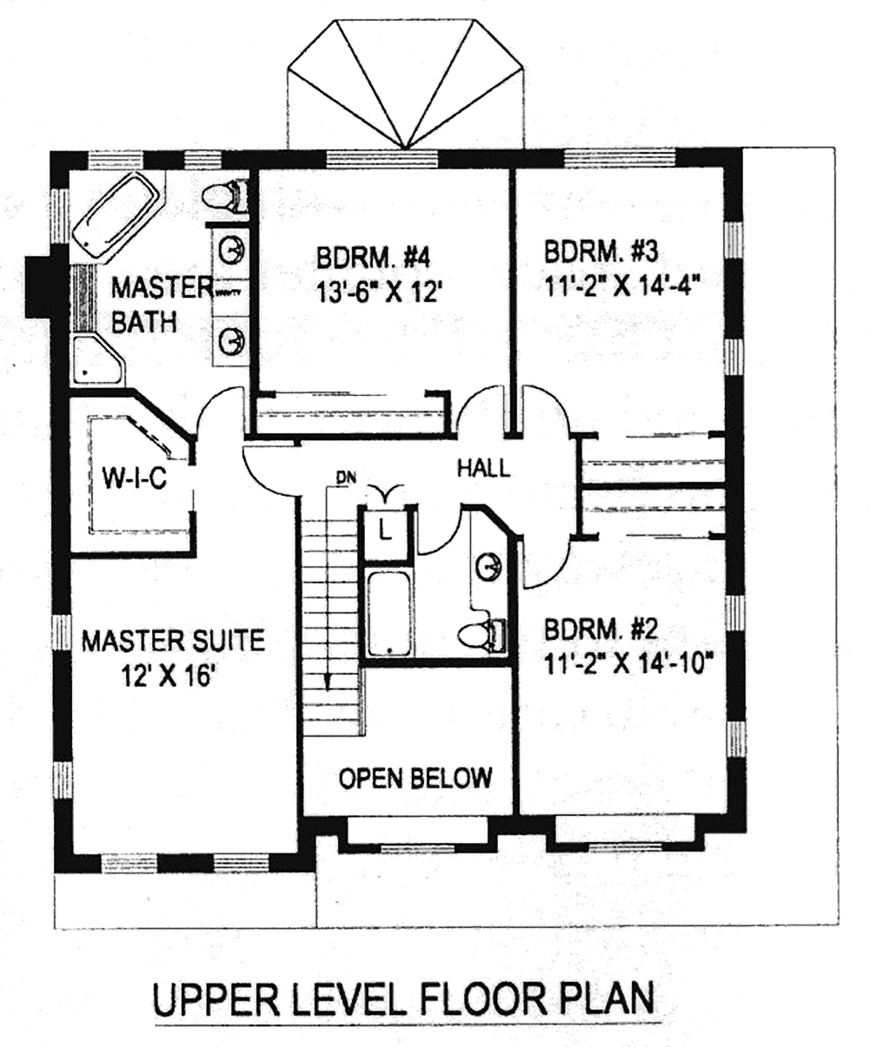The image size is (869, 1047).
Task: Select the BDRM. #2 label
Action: point(599,629)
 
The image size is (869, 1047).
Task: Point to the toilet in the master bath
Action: point(224,196)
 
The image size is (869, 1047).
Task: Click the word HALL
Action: point(483,470)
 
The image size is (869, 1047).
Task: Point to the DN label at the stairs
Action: point(345,476)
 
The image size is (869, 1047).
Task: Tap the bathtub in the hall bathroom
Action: point(389,613)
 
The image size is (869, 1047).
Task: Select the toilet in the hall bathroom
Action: point(481,634)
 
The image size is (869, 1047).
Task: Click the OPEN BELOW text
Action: point(415,778)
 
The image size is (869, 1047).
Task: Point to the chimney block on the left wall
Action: point(39,286)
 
